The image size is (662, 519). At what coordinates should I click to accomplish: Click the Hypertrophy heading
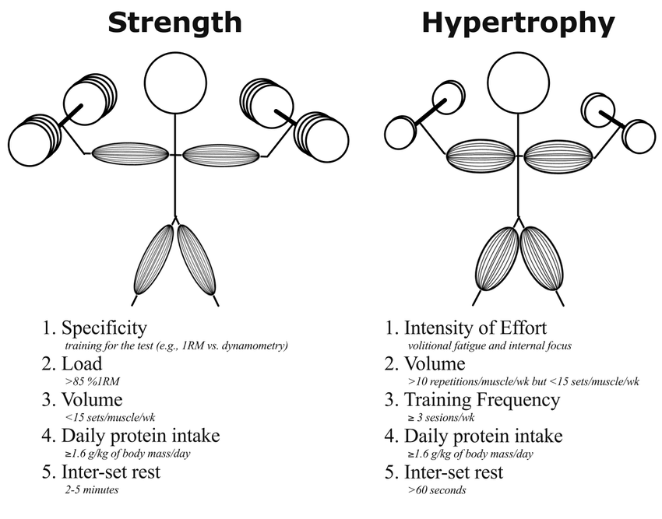[x=518, y=23]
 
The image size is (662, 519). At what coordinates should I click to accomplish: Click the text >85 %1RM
[x=93, y=381]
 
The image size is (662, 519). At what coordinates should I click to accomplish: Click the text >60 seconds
[x=437, y=490]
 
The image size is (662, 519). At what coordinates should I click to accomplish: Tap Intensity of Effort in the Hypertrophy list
[x=475, y=328]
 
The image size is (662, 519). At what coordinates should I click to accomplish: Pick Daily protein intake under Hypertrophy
[x=483, y=436]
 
